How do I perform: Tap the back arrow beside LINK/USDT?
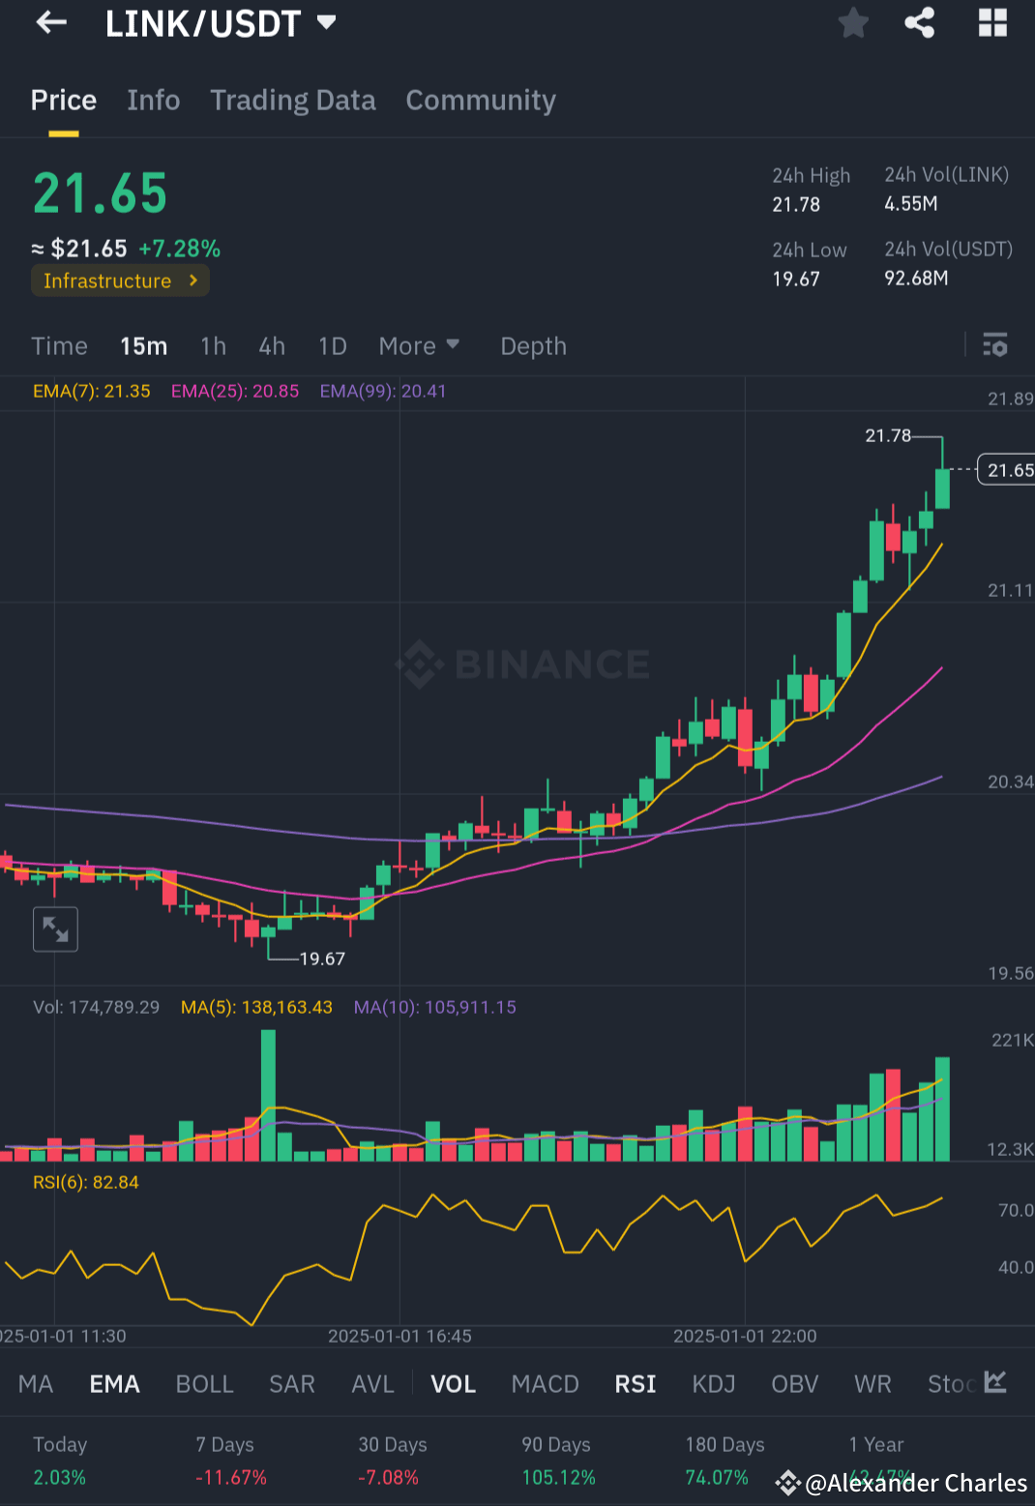pyautogui.click(x=51, y=22)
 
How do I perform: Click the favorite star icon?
pyautogui.click(x=853, y=22)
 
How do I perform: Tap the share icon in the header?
pyautogui.click(x=920, y=22)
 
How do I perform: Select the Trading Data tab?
pyautogui.click(x=293, y=101)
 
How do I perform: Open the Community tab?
pyautogui.click(x=481, y=101)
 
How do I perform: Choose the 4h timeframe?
pyautogui.click(x=272, y=346)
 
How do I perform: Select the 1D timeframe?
pyautogui.click(x=332, y=346)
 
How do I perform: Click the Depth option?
pyautogui.click(x=533, y=346)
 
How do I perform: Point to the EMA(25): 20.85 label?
pyautogui.click(x=235, y=392)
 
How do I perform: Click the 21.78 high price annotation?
pyautogui.click(x=887, y=436)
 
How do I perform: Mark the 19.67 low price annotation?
pyautogui.click(x=322, y=959)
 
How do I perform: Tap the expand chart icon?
pyautogui.click(x=55, y=930)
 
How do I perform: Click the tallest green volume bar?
pyautogui.click(x=268, y=1095)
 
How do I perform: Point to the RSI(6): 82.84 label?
pyautogui.click(x=86, y=1183)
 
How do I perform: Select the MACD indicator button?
pyautogui.click(x=545, y=1384)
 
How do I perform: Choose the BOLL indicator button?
pyautogui.click(x=205, y=1384)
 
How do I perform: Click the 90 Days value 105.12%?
pyautogui.click(x=558, y=1478)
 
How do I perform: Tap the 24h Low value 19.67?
pyautogui.click(x=796, y=279)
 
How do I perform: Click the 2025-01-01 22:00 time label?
pyautogui.click(x=745, y=1337)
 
